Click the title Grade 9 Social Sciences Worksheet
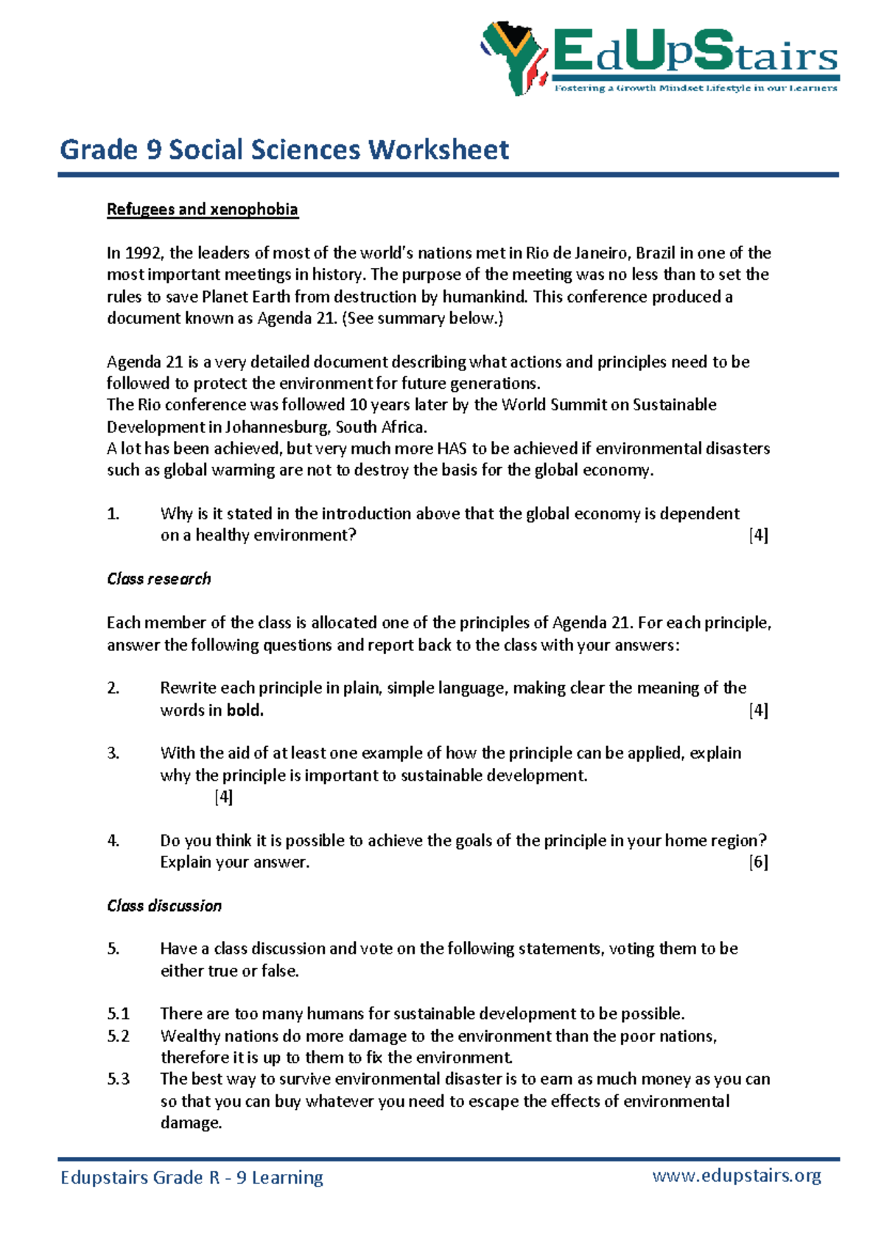[284, 149]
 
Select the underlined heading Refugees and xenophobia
[202, 209]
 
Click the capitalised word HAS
[452, 448]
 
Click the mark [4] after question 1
[758, 535]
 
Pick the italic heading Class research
[158, 579]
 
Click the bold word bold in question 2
[245, 711]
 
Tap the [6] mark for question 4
[758, 862]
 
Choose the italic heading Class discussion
[164, 906]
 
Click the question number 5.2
[118, 1036]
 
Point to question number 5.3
[118, 1080]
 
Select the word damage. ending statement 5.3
[191, 1123]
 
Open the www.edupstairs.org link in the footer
[736, 1175]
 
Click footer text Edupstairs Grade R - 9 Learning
[192, 1178]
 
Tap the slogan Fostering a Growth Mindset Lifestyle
[695, 88]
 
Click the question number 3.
[113, 753]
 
